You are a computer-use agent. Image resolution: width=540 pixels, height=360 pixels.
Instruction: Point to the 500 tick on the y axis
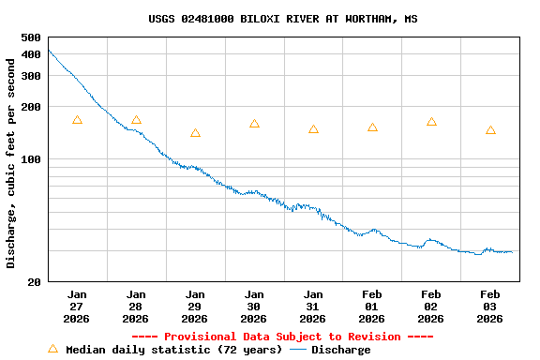point(30,37)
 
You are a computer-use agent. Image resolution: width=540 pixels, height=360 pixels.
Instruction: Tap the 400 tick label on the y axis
point(30,54)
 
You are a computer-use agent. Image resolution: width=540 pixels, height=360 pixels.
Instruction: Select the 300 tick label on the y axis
point(30,76)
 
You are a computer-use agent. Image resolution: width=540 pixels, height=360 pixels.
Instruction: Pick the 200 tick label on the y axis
point(30,107)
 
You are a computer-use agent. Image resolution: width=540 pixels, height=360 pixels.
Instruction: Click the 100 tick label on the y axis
point(30,159)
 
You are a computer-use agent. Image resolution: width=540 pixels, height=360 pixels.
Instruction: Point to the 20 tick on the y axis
point(34,281)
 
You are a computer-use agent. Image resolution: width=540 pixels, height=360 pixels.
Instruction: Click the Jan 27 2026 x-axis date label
point(77,306)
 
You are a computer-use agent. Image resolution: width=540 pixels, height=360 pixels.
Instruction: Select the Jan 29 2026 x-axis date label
point(195,306)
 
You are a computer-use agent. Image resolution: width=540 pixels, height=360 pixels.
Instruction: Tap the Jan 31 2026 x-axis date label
point(313,306)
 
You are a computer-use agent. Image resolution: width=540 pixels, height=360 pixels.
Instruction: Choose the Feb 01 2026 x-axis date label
point(372,306)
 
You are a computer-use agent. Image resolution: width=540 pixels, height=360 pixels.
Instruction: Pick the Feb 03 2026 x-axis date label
point(490,306)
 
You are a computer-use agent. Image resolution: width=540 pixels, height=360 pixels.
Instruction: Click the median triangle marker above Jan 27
point(77,120)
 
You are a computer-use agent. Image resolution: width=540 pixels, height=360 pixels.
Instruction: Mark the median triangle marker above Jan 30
point(254,124)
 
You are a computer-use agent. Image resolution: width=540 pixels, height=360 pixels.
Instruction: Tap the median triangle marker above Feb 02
point(431,122)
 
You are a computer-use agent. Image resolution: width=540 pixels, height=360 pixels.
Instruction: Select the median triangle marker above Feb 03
point(490,130)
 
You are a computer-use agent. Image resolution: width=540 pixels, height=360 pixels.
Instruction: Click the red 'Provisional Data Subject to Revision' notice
point(282,337)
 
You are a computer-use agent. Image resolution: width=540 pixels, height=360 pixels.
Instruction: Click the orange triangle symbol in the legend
point(53,349)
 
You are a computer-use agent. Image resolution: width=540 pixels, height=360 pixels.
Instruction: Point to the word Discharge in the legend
point(340,350)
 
